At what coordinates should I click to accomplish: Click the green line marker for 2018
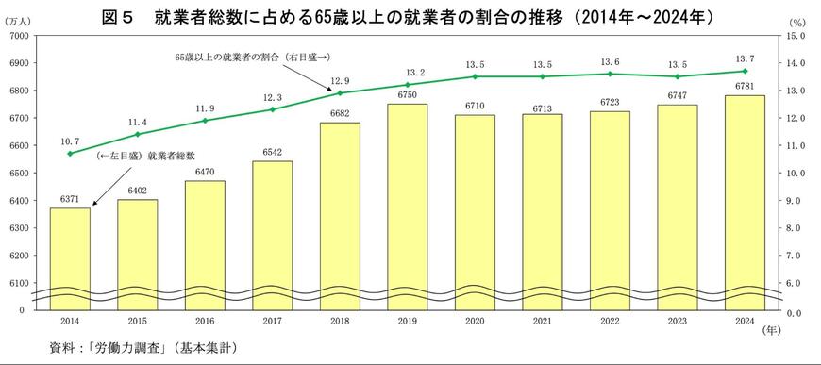[x=340, y=93]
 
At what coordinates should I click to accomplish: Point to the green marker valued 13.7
[x=745, y=71]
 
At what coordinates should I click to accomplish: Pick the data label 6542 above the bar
[x=272, y=153]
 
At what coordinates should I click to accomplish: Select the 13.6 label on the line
[x=610, y=61]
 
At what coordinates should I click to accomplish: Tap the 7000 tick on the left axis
[x=18, y=36]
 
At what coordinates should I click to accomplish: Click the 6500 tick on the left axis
[x=18, y=174]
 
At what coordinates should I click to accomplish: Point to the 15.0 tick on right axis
[x=795, y=36]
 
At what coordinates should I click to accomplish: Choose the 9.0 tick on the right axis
[x=795, y=201]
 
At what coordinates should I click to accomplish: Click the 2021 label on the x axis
[x=542, y=321]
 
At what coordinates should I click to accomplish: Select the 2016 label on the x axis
[x=205, y=321]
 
